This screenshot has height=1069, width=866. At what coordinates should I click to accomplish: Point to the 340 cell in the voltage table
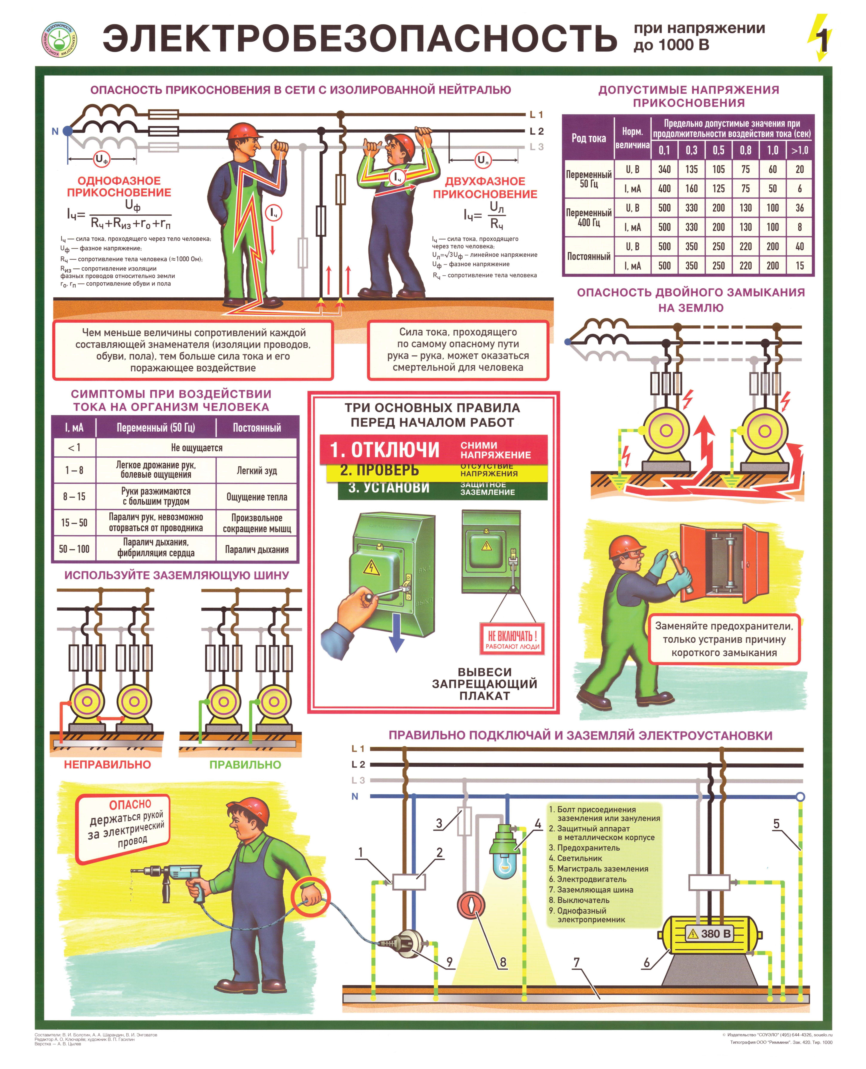[x=664, y=169]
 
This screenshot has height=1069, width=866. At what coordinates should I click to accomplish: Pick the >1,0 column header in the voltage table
[x=800, y=150]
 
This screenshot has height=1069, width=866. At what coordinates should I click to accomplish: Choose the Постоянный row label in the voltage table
[x=589, y=256]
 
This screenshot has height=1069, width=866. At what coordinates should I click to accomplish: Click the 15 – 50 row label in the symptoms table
[x=74, y=523]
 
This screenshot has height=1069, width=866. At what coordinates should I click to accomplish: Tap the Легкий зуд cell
[x=257, y=470]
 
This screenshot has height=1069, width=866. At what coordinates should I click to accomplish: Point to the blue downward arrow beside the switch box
[x=397, y=633]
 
